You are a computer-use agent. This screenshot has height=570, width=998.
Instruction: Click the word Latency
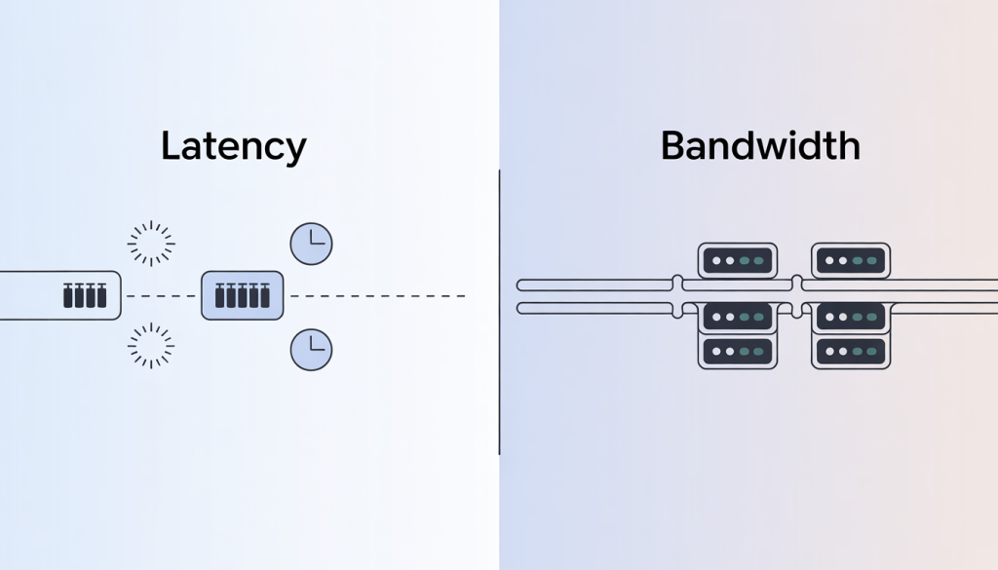click(233, 146)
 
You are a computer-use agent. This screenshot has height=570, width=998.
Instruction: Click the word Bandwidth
click(760, 146)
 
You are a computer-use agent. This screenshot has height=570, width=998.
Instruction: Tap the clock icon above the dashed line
click(311, 244)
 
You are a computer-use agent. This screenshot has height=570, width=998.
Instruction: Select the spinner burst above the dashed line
click(151, 244)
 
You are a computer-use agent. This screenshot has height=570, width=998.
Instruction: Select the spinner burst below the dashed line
click(151, 347)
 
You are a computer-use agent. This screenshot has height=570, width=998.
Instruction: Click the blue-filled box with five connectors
click(242, 295)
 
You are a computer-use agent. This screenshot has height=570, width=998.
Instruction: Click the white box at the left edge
click(58, 295)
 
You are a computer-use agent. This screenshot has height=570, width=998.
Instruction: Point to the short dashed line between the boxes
click(161, 295)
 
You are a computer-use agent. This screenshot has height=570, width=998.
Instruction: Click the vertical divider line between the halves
click(499, 312)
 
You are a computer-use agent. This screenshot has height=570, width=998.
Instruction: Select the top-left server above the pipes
click(738, 260)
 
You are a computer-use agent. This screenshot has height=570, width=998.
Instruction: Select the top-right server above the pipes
click(851, 260)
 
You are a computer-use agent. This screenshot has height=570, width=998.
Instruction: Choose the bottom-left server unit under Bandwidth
click(738, 351)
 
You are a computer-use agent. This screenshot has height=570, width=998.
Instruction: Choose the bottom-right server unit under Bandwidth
click(851, 351)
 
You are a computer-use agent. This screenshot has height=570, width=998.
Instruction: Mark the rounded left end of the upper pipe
click(521, 285)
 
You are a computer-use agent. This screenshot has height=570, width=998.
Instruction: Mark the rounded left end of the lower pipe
click(521, 308)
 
